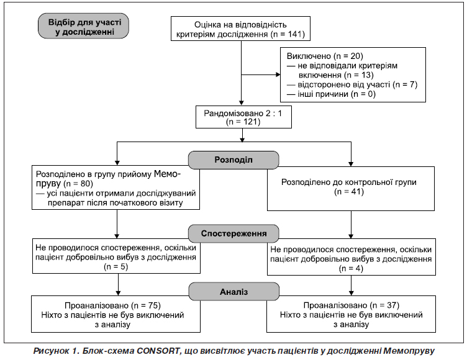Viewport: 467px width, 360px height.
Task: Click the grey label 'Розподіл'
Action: [x=233, y=160]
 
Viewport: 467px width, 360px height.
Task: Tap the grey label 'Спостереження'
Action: [x=233, y=233]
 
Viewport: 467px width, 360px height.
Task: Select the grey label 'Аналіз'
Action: [x=233, y=292]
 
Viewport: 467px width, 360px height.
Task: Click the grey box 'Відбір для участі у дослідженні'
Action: [x=83, y=26]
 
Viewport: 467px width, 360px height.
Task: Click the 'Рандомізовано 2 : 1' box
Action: [x=243, y=117]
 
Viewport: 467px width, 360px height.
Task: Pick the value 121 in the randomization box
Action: [x=251, y=122]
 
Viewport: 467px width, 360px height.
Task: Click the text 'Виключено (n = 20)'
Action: [x=325, y=56]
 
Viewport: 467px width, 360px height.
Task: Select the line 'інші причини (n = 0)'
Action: [x=331, y=94]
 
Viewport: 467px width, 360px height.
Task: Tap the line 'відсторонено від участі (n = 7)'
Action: [x=352, y=85]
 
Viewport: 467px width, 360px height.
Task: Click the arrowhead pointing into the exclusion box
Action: [x=278, y=74]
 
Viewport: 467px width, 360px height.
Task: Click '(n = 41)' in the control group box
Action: [x=349, y=191]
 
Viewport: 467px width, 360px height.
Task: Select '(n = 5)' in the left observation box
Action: [x=116, y=267]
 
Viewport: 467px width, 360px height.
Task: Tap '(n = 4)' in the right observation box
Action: [x=351, y=269]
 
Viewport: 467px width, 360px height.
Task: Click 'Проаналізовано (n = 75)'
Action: [x=112, y=305]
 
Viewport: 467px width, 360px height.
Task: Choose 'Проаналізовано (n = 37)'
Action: [x=351, y=305]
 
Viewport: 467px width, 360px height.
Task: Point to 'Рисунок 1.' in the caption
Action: [x=57, y=351]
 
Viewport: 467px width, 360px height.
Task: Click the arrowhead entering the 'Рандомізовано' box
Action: [x=242, y=103]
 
